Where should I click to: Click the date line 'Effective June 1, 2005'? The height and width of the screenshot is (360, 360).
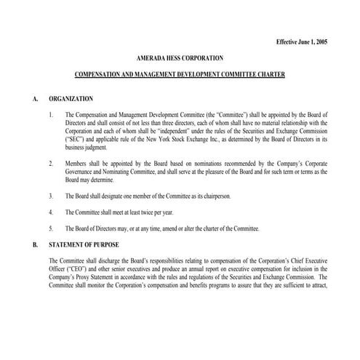click(302, 42)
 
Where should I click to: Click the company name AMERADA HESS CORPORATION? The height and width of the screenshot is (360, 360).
click(180, 57)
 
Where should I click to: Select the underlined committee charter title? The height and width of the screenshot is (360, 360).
click(180, 75)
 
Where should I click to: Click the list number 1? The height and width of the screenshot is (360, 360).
click(51, 114)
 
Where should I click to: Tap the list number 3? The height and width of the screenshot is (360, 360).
click(51, 196)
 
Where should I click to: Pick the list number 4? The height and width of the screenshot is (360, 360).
click(51, 212)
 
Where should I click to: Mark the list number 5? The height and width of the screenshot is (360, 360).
click(51, 228)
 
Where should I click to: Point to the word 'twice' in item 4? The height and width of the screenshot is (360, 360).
click(135, 212)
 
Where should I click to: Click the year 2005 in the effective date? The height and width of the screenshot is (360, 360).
click(319, 42)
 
